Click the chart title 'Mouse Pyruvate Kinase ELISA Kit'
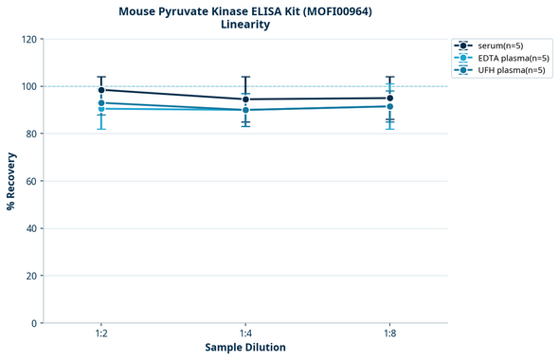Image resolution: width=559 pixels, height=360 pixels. pyautogui.click(x=244, y=11)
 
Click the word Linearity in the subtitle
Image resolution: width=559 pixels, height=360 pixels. pyautogui.click(x=244, y=25)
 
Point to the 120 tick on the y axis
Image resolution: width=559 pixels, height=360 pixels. pyautogui.click(x=27, y=39)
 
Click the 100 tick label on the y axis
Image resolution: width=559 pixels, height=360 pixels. pyautogui.click(x=27, y=86)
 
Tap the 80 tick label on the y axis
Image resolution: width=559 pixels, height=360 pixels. pyautogui.click(x=30, y=134)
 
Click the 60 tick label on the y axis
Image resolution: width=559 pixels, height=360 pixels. pyautogui.click(x=30, y=181)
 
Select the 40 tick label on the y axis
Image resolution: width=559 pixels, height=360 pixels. pyautogui.click(x=30, y=228)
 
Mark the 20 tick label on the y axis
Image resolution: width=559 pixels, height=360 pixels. pyautogui.click(x=30, y=276)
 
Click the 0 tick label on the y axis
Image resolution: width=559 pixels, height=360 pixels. pyautogui.click(x=33, y=323)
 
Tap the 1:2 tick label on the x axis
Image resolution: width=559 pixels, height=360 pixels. pyautogui.click(x=100, y=334)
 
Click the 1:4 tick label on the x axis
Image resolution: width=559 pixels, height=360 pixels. pyautogui.click(x=245, y=334)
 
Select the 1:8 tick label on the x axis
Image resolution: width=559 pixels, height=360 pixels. pyautogui.click(x=389, y=334)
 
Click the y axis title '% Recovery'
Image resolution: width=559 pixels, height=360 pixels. pyautogui.click(x=10, y=181)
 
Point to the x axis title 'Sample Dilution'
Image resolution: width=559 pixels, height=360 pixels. pyautogui.click(x=245, y=348)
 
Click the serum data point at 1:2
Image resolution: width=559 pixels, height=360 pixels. pyautogui.click(x=100, y=90)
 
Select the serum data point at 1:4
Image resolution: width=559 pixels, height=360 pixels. pyautogui.click(x=245, y=99)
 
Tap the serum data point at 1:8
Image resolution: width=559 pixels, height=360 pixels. pyautogui.click(x=389, y=99)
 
